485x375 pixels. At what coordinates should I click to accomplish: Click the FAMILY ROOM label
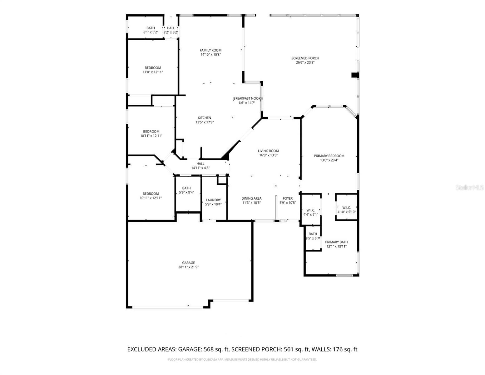pyautogui.click(x=210, y=50)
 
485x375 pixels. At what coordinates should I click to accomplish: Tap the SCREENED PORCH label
pyautogui.click(x=305, y=58)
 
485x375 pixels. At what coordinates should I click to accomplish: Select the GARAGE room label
pyautogui.click(x=188, y=263)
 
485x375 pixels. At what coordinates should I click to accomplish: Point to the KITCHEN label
pyautogui.click(x=204, y=118)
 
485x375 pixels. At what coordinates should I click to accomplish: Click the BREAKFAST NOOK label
pyautogui.click(x=247, y=98)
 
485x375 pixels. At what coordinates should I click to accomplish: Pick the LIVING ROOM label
pyautogui.click(x=268, y=151)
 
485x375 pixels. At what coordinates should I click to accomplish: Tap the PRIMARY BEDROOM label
pyautogui.click(x=329, y=156)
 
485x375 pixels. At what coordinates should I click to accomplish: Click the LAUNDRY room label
pyautogui.click(x=213, y=200)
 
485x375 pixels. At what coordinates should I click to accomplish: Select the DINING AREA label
pyautogui.click(x=251, y=198)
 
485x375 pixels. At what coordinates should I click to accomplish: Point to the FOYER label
pyautogui.click(x=288, y=198)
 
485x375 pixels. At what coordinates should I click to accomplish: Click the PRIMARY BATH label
pyautogui.click(x=336, y=242)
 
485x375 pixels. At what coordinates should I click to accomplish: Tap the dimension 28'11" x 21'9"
pyautogui.click(x=188, y=267)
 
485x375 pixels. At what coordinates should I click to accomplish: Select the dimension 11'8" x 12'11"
pyautogui.click(x=153, y=72)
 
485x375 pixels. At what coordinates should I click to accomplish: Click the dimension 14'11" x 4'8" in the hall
pyautogui.click(x=200, y=168)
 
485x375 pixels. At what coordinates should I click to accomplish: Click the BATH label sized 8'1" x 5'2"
pyautogui.click(x=151, y=28)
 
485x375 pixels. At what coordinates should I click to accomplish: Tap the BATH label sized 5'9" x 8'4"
pyautogui.click(x=186, y=188)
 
